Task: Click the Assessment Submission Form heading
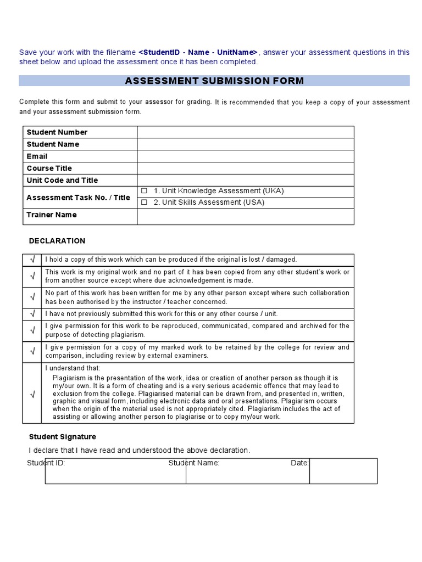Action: [214, 81]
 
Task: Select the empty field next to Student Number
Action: [245, 132]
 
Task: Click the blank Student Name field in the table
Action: [245, 144]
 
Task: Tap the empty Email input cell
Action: [245, 156]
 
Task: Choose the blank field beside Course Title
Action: [245, 168]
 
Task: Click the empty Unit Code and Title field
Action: [245, 181]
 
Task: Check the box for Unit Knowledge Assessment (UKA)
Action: [145, 191]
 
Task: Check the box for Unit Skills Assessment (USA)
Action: [145, 203]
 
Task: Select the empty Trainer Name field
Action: [245, 217]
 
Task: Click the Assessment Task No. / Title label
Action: [79, 198]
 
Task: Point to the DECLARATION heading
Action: [57, 241]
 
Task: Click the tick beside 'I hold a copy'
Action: [32, 260]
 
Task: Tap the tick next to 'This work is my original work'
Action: [32, 276]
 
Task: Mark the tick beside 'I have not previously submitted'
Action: [32, 314]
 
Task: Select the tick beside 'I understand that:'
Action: [32, 394]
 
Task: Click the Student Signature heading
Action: [62, 437]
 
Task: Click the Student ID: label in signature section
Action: [46, 463]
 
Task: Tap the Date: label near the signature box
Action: [299, 463]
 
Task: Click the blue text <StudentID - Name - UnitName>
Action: [198, 52]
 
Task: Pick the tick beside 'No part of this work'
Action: [32, 297]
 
